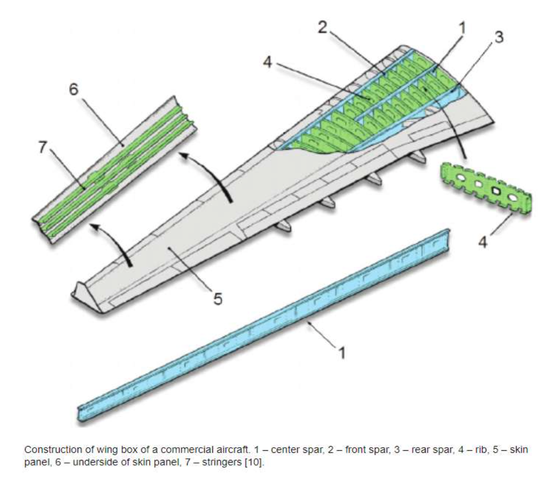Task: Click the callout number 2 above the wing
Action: (322, 29)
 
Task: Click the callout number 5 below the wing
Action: (218, 299)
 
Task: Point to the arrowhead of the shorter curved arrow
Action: (93, 226)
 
